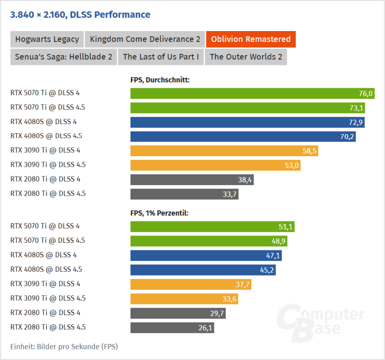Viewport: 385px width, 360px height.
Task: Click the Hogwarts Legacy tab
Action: tap(47, 39)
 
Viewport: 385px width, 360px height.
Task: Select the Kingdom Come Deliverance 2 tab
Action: tap(145, 39)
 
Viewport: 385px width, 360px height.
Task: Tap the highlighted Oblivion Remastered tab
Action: tap(251, 39)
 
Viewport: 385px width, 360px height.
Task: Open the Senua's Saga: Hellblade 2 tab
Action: tap(64, 57)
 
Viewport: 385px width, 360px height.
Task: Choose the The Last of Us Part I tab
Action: tap(161, 57)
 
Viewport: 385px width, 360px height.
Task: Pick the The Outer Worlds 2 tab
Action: tap(246, 57)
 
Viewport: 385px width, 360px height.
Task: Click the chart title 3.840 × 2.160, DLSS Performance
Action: tap(80, 15)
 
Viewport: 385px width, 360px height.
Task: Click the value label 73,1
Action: tap(357, 108)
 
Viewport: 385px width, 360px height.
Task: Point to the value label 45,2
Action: tap(267, 270)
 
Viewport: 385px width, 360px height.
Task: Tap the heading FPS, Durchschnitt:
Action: tap(160, 80)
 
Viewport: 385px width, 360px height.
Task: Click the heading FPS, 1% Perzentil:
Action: tap(159, 213)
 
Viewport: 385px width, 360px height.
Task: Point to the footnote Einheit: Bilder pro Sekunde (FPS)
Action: tap(64, 347)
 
